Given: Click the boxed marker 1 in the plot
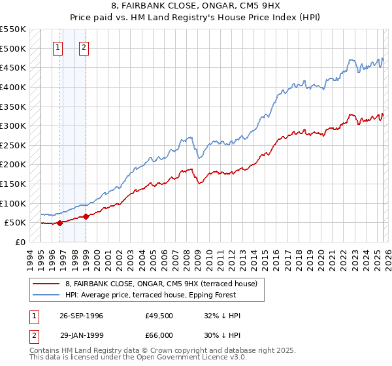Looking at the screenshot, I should (x=58, y=47).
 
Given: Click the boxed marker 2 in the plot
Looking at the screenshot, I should (x=85, y=47).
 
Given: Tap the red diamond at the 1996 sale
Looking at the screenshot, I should (x=59, y=223).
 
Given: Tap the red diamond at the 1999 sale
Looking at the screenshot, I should (x=86, y=216).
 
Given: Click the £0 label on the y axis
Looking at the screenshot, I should (x=20, y=242).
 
